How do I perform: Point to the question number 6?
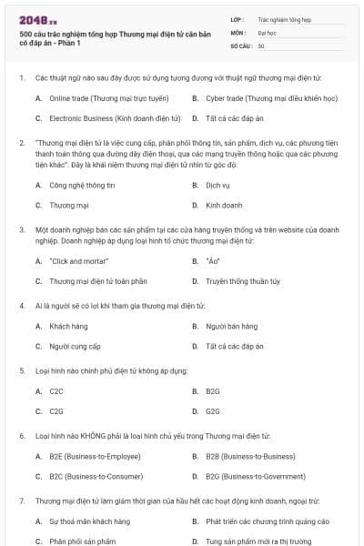(21, 436)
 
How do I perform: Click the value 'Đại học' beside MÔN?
(268, 31)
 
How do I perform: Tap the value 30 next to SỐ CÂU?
(261, 45)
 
